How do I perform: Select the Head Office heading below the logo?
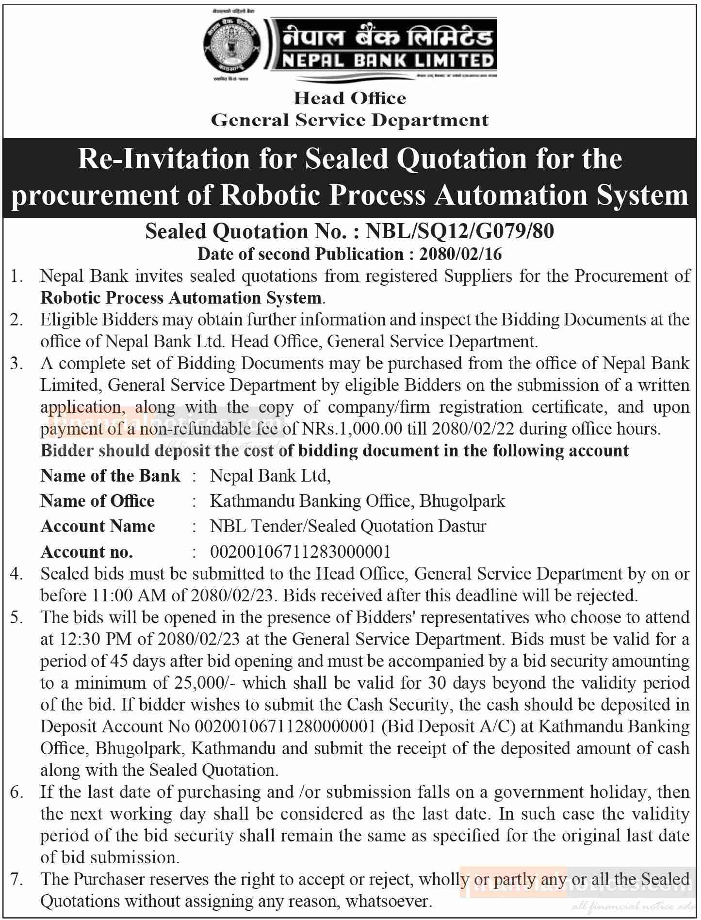point(350,98)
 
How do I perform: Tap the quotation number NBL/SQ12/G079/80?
point(459,231)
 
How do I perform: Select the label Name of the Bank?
point(110,475)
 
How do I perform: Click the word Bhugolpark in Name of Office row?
point(462,500)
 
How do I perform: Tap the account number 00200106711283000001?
point(300,551)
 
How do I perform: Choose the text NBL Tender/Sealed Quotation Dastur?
point(348,526)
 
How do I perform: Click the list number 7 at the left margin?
point(16,879)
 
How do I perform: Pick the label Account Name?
point(98,526)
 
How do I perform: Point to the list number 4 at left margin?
point(16,574)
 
